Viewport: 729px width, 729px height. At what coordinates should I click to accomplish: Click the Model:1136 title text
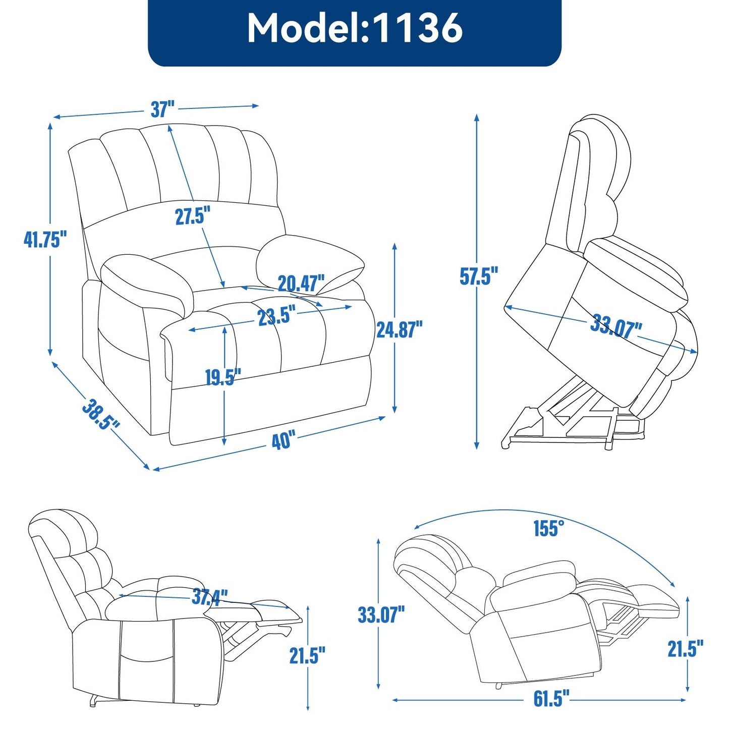[355, 28]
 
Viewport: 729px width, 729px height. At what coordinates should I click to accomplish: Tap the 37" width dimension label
[162, 109]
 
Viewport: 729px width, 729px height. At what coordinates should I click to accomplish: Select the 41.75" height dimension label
[45, 239]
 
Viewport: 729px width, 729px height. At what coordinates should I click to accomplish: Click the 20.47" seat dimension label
[301, 284]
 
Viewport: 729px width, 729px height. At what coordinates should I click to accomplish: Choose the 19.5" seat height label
[222, 377]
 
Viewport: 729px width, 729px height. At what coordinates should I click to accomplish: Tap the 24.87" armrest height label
[399, 329]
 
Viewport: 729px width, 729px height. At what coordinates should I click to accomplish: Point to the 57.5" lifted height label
[479, 276]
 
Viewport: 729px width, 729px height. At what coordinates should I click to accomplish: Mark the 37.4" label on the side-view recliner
[209, 597]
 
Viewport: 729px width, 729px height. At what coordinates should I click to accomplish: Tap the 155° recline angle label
[548, 528]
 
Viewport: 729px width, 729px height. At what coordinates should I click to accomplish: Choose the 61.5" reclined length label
[551, 699]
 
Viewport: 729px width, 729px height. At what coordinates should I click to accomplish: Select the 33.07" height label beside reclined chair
[381, 614]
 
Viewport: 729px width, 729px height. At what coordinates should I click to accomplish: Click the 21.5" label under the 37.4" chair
[307, 655]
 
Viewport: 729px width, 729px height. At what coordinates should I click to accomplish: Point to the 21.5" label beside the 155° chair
[685, 649]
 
